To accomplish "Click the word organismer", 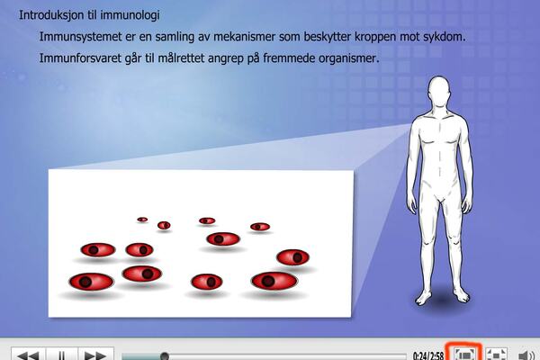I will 343,61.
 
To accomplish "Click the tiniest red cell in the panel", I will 142,219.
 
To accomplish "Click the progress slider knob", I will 164,355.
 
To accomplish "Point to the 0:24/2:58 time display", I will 427,355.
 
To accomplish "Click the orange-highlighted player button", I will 464,354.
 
